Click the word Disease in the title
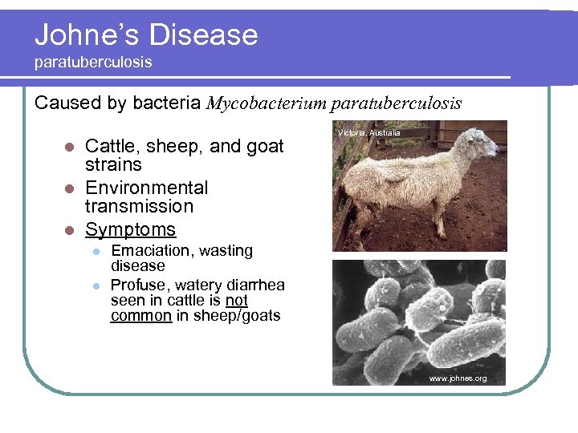point(205,34)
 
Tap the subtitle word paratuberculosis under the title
point(93,62)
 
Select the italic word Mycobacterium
point(266,103)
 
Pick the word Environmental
point(146,188)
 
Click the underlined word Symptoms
point(130,229)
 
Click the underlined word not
point(236,300)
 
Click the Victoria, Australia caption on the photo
point(368,132)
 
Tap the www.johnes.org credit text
point(458,378)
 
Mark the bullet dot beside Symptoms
point(69,230)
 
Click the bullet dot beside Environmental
point(69,188)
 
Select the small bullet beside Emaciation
point(95,251)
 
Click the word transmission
point(139,206)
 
